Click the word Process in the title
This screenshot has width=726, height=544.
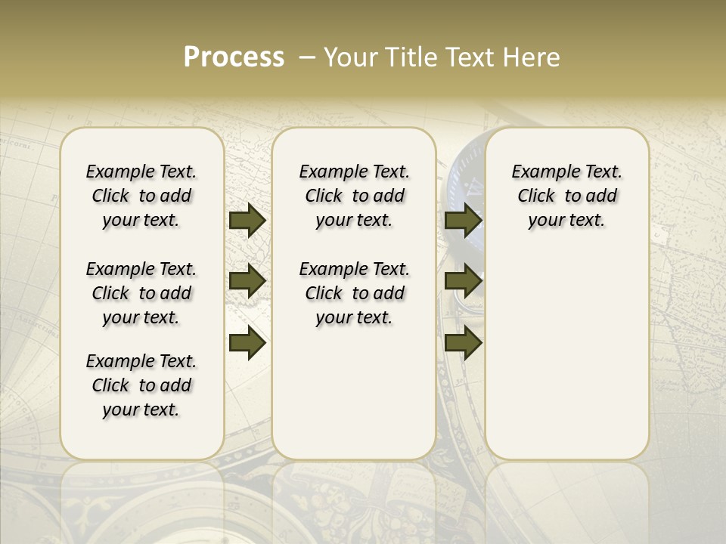[234, 57]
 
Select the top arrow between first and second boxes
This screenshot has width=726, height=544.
[247, 220]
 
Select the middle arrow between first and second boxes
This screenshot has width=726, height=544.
[247, 282]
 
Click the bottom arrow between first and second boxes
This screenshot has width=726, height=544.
[247, 344]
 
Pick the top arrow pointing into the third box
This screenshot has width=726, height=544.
[463, 220]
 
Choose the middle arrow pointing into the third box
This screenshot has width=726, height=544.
[463, 282]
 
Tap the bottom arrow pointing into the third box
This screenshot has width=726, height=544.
[463, 344]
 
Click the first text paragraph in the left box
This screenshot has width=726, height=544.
[141, 196]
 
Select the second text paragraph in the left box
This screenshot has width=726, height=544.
[141, 293]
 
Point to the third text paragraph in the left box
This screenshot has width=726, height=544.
[141, 385]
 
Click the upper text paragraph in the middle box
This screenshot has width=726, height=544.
[354, 196]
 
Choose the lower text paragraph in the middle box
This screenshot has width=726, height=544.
[354, 293]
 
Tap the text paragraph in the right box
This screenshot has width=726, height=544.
[566, 196]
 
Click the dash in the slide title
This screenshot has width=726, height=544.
[307, 57]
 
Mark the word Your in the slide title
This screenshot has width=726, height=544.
[349, 57]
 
